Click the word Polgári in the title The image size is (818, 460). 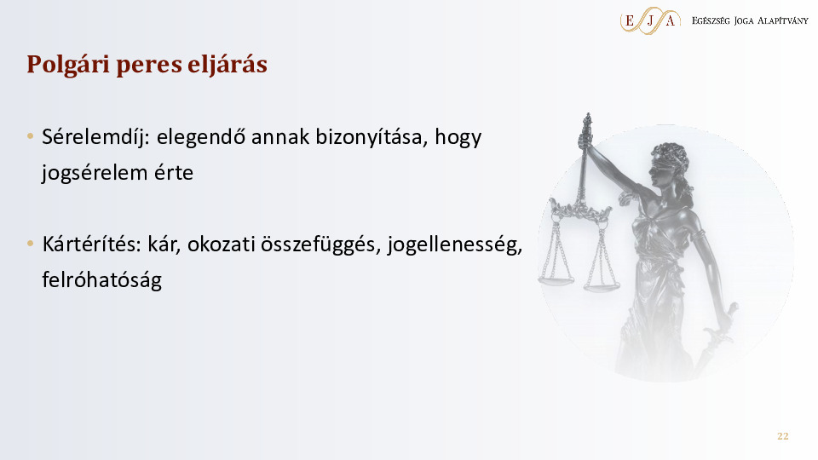[68, 65]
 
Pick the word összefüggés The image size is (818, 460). [320, 245]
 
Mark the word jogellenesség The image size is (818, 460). [454, 245]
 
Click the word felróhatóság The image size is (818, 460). [101, 280]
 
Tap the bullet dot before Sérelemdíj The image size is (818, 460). [31, 136]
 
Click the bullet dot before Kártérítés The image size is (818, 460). [31, 244]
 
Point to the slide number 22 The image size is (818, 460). [782, 436]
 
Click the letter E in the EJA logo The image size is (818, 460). [630, 20]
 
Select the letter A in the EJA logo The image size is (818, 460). [671, 20]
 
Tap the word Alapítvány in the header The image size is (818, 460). [782, 20]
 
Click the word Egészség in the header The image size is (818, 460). [711, 20]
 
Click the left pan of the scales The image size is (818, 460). [556, 280]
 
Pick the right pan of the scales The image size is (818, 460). [602, 286]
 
